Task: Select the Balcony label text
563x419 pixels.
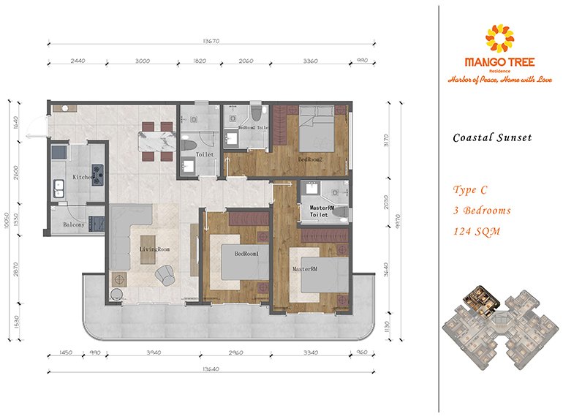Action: pyautogui.click(x=74, y=224)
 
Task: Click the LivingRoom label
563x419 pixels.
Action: pyautogui.click(x=154, y=249)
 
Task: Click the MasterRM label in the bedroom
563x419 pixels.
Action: pyautogui.click(x=303, y=269)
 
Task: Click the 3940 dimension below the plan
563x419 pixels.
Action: pyautogui.click(x=153, y=352)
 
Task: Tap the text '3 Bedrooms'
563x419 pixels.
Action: pyautogui.click(x=482, y=211)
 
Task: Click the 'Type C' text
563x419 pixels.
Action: pyautogui.click(x=470, y=190)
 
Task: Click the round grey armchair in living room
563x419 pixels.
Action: pyautogui.click(x=166, y=274)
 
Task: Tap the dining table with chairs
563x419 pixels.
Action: pyautogui.click(x=155, y=139)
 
